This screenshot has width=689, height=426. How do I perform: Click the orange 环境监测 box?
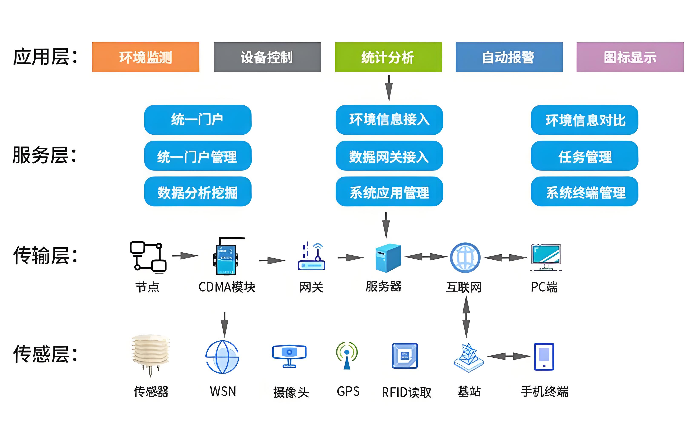tap(146, 57)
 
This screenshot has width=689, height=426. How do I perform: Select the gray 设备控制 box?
tap(267, 57)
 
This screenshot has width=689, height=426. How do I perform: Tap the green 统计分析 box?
tap(388, 57)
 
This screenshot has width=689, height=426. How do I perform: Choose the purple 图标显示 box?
tap(630, 57)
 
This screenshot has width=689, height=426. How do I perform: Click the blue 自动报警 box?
tap(509, 57)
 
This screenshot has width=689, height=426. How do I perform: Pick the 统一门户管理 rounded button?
tap(198, 156)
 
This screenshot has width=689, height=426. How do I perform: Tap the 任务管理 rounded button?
tap(584, 156)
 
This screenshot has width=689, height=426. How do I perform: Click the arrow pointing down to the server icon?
tap(386, 225)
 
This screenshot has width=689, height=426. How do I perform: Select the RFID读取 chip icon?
tap(405, 355)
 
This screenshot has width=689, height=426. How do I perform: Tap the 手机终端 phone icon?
tap(544, 356)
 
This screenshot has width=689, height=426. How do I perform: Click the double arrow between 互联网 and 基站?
tap(466, 317)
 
